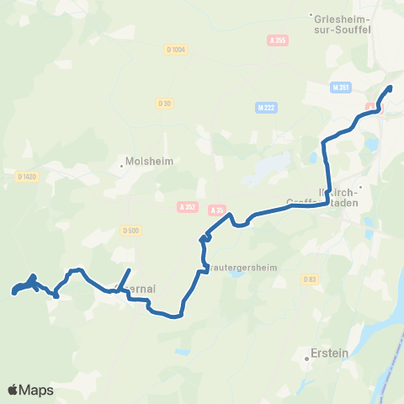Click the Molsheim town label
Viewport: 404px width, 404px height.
click(x=149, y=162)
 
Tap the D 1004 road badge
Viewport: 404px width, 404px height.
click(x=176, y=50)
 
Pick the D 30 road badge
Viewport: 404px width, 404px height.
click(x=164, y=103)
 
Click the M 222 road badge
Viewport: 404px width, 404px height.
click(x=267, y=107)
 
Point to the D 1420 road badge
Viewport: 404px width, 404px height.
click(x=26, y=176)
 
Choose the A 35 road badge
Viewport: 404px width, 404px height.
click(x=218, y=210)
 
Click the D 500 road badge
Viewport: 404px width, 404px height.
click(x=130, y=230)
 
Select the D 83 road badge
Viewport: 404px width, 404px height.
click(x=309, y=279)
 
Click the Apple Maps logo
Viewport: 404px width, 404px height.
click(x=30, y=390)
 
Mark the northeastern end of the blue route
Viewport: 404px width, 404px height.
click(x=390, y=88)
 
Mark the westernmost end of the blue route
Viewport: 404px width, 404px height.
click(x=14, y=293)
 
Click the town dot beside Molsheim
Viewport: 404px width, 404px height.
click(x=122, y=165)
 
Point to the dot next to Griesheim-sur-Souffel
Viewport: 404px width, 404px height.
click(x=311, y=14)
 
